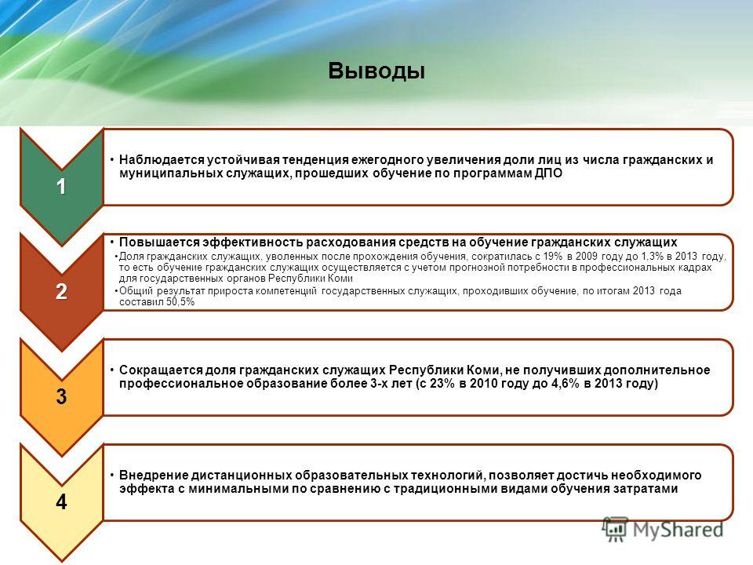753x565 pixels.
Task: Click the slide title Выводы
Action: [377, 71]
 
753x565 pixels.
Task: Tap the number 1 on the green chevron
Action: [61, 187]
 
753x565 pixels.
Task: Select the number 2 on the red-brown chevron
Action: [61, 292]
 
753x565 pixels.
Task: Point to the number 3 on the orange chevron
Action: [61, 397]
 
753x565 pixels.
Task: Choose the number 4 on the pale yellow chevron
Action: [61, 502]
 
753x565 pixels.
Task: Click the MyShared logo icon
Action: [615, 530]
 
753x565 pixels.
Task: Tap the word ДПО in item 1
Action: [548, 173]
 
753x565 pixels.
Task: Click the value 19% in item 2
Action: [552, 256]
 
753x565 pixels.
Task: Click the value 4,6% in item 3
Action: [564, 384]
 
